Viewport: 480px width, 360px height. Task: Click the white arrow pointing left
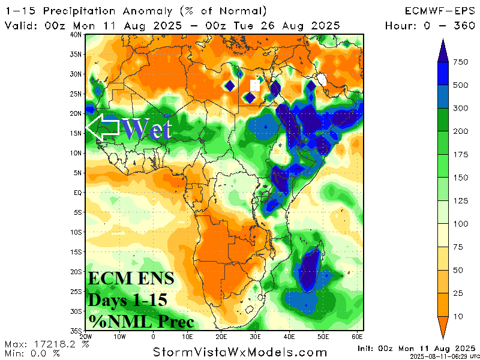pyautogui.click(x=102, y=128)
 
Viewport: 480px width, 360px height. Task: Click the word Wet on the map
pyautogui.click(x=147, y=129)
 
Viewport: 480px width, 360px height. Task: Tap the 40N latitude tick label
pyautogui.click(x=76, y=35)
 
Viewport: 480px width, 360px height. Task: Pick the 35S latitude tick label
pyautogui.click(x=76, y=331)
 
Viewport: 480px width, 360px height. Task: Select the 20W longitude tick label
pyautogui.click(x=86, y=337)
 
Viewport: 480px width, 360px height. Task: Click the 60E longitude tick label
pyautogui.click(x=357, y=337)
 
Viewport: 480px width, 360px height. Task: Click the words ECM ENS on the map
pyautogui.click(x=131, y=279)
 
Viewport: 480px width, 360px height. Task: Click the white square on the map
pyautogui.click(x=254, y=86)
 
